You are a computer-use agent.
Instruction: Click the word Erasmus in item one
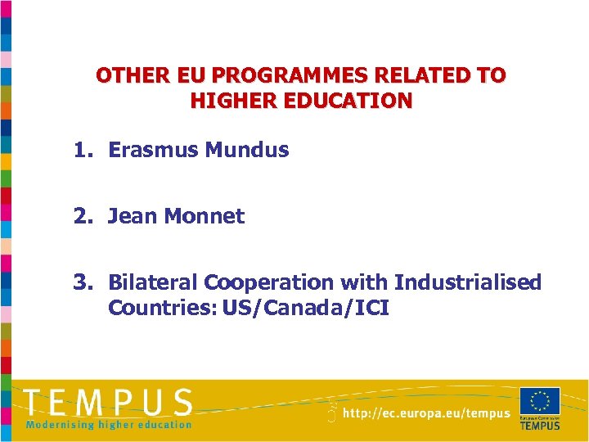(153, 150)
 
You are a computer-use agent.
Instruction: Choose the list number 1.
(82, 150)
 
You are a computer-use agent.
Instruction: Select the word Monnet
(205, 216)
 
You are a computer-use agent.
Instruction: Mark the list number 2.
(82, 216)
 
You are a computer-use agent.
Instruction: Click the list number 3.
(82, 282)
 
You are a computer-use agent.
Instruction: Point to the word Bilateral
(153, 282)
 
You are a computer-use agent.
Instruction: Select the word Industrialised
(467, 282)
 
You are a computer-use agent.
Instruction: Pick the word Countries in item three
(155, 309)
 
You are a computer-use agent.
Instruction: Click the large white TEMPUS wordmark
(109, 403)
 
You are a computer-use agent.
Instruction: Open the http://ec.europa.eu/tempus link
(426, 414)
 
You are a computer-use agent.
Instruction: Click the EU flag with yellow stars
(540, 401)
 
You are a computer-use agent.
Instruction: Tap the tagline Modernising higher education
(109, 424)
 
